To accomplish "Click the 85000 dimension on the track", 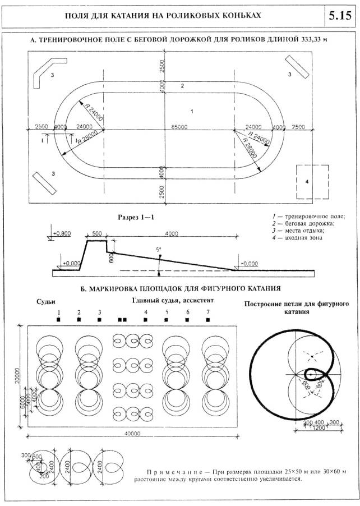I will point(179,127).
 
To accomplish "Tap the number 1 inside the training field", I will point(192,112).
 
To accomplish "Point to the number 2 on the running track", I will point(182,86).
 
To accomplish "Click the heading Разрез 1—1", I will point(136,215).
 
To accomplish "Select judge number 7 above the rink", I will point(208,312).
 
